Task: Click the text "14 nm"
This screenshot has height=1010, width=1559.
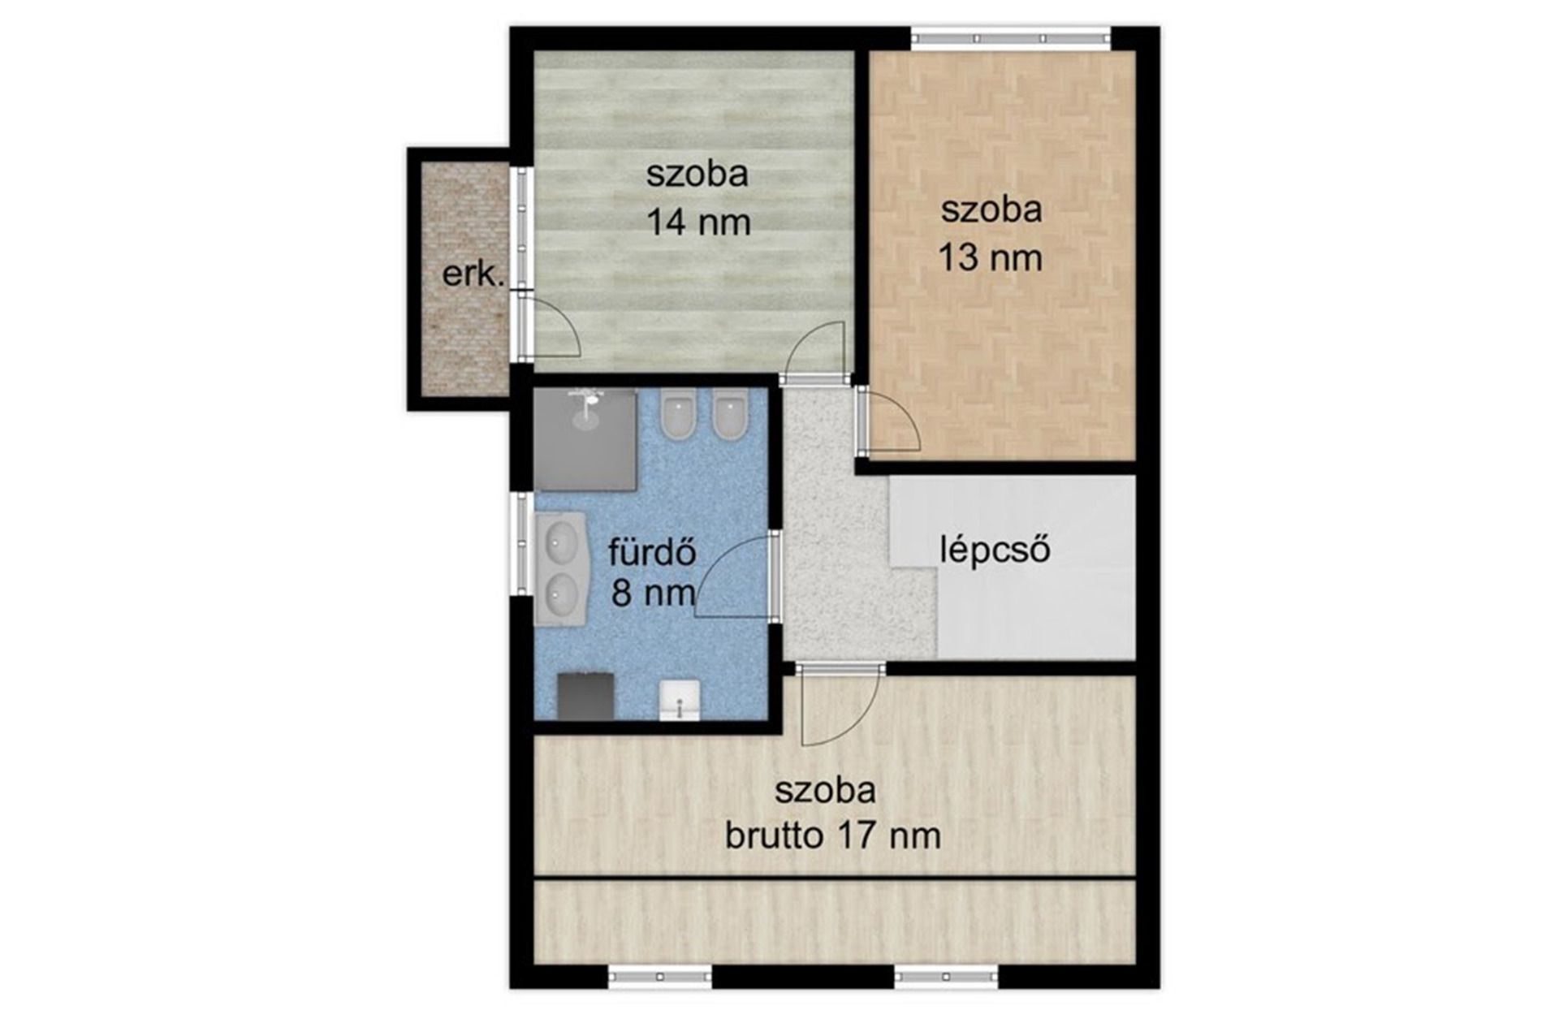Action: pos(698,222)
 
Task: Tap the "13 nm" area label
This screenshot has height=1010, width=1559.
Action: pos(991,258)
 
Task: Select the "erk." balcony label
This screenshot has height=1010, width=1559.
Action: pos(473,274)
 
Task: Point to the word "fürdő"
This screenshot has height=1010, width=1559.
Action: pos(653,552)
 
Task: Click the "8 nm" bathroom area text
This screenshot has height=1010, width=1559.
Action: pos(654,593)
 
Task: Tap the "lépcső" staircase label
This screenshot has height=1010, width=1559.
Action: pos(995,550)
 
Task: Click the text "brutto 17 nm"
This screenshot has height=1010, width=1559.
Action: pos(833,835)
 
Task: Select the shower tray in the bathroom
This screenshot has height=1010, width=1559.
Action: pos(585,439)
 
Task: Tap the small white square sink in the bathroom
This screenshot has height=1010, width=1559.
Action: pos(680,701)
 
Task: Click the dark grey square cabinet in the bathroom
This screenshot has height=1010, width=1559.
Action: pos(585,696)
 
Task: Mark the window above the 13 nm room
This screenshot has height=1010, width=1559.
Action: pos(1010,38)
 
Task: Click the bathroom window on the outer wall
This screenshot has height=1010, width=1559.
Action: pos(520,543)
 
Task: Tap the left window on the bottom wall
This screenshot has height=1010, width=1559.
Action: pos(660,976)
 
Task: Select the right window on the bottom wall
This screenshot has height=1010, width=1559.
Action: pos(946,976)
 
